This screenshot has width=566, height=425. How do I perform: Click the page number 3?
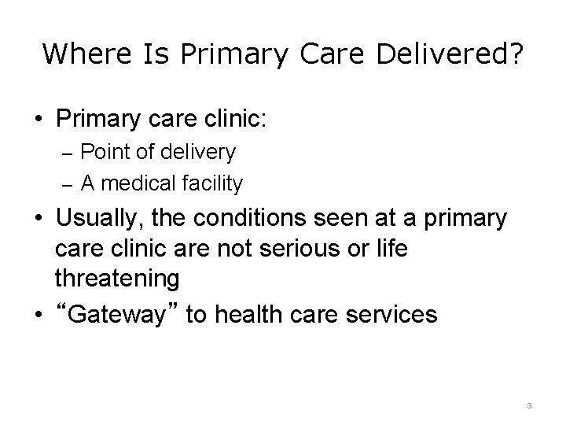[529, 405]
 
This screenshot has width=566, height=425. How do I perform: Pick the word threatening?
[117, 278]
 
